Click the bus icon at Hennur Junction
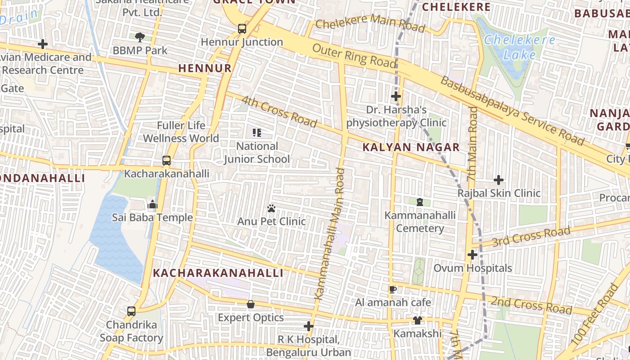pos(242,29)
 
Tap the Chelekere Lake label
pos(520,47)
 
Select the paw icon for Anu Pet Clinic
pos(271,208)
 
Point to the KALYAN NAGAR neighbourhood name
pos(411,147)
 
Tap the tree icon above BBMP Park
pos(140,37)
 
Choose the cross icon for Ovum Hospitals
pos(472,255)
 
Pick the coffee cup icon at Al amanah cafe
pos(393,289)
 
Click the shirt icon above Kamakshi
pos(418,320)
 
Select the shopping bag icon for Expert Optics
pos(251,305)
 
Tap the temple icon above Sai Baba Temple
pos(153,205)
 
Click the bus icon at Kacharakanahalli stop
pos(166,161)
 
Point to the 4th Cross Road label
pos(279,112)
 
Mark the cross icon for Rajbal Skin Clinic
pos(499,180)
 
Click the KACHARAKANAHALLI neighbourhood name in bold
pos(218,273)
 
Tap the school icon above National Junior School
pos(257,133)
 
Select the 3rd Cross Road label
pos(531,237)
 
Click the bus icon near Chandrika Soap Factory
pos(131,311)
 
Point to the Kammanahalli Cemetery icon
pos(420,202)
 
